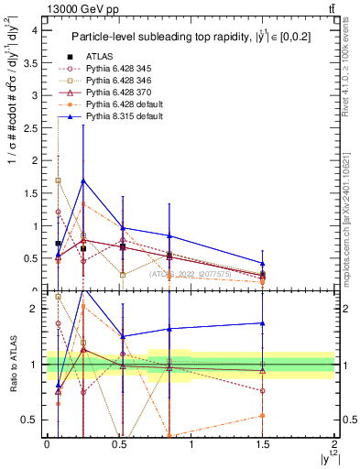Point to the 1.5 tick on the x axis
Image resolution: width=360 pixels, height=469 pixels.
coord(263,452)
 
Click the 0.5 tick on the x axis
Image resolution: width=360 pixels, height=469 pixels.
coord(119,452)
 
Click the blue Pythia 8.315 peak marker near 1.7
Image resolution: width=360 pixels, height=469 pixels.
coord(83,180)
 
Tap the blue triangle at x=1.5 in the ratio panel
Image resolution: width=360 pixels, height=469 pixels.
coord(263,322)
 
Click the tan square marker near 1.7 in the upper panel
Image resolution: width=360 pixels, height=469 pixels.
coord(59,180)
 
